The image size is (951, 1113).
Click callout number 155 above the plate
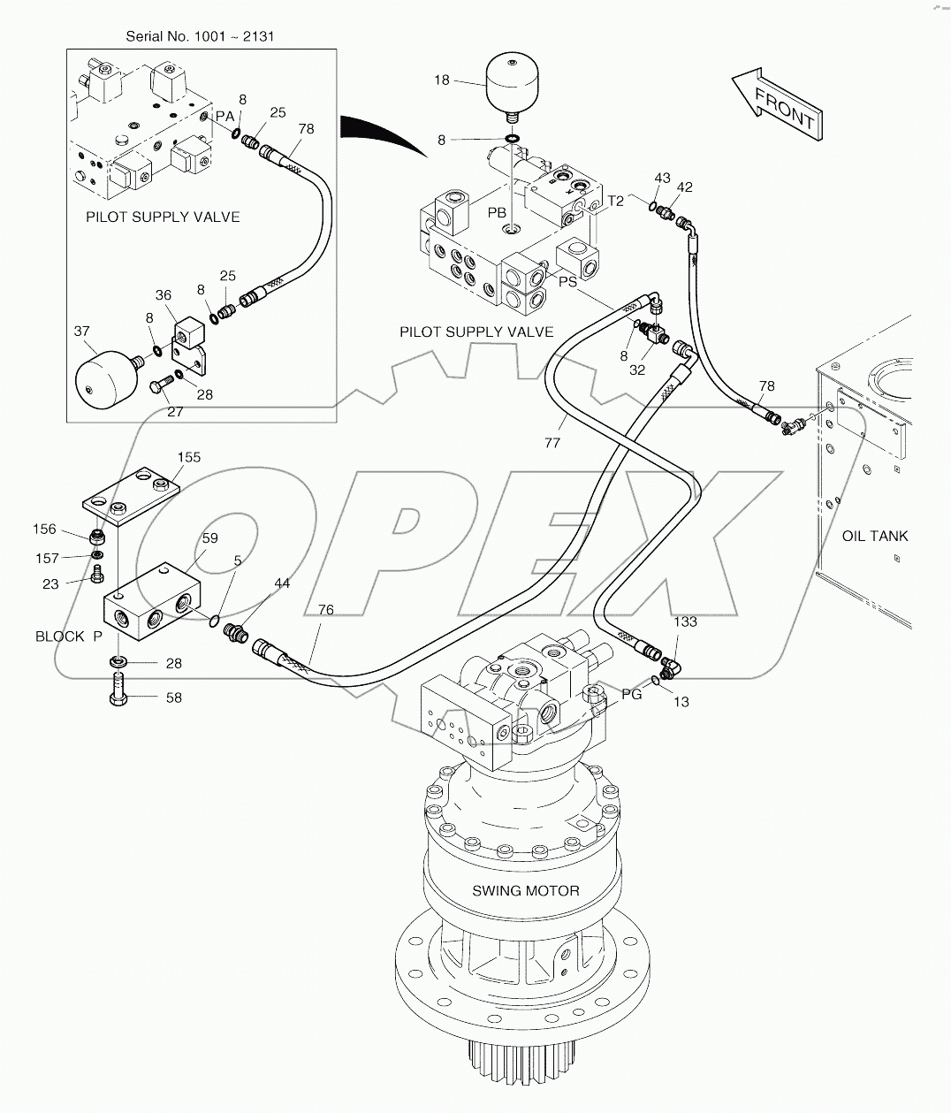tap(189, 457)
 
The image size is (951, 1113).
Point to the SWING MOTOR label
tap(525, 890)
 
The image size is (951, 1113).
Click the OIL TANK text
tap(874, 536)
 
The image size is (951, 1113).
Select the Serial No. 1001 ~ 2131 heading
tap(201, 36)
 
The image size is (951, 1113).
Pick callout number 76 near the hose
tap(326, 609)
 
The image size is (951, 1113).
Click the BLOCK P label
tap(68, 637)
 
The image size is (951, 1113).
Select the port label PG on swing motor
tap(631, 695)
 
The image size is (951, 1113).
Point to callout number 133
tap(685, 621)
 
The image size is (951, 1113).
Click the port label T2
tap(615, 201)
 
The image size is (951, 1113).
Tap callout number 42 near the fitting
tap(684, 187)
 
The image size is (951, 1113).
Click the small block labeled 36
tap(188, 333)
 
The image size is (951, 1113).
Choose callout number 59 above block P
tap(209, 537)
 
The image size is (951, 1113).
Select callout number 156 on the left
tap(44, 530)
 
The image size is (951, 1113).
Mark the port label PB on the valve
tap(497, 213)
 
